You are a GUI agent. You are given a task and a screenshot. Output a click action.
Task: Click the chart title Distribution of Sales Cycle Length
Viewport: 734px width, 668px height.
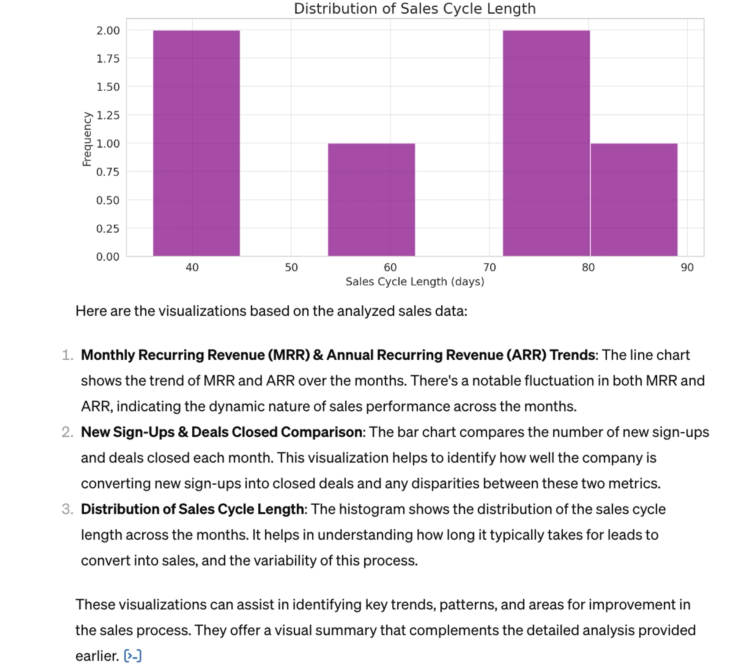(x=415, y=9)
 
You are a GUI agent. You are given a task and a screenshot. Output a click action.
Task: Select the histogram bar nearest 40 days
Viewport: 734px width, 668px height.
(x=196, y=143)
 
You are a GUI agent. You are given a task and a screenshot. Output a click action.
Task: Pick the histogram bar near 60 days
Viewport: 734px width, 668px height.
(x=371, y=200)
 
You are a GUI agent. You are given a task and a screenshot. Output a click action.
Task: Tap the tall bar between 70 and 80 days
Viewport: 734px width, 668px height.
(x=546, y=143)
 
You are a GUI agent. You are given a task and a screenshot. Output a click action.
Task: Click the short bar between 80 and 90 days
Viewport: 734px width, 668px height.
(x=634, y=200)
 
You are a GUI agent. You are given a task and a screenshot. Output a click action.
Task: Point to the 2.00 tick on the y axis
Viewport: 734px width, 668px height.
(x=108, y=30)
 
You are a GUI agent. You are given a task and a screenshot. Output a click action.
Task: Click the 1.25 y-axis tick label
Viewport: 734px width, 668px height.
(x=108, y=115)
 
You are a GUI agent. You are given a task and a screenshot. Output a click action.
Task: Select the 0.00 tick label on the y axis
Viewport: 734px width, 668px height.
(x=108, y=257)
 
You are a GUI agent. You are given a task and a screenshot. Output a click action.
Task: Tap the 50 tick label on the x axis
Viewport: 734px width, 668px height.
(x=291, y=268)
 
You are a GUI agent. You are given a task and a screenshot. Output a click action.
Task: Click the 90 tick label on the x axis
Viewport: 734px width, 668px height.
(x=687, y=268)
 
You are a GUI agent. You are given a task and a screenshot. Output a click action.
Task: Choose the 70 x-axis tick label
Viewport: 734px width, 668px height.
(x=489, y=268)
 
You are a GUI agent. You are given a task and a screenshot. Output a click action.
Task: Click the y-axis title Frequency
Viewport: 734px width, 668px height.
(x=87, y=139)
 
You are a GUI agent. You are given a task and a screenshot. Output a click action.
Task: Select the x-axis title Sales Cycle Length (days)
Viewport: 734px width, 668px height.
(x=415, y=282)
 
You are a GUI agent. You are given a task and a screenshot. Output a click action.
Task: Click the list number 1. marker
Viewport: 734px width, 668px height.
(x=68, y=355)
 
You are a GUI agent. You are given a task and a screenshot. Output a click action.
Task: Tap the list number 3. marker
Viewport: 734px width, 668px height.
(x=68, y=509)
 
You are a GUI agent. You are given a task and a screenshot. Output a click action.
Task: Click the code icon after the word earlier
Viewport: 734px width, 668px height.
(x=132, y=656)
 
